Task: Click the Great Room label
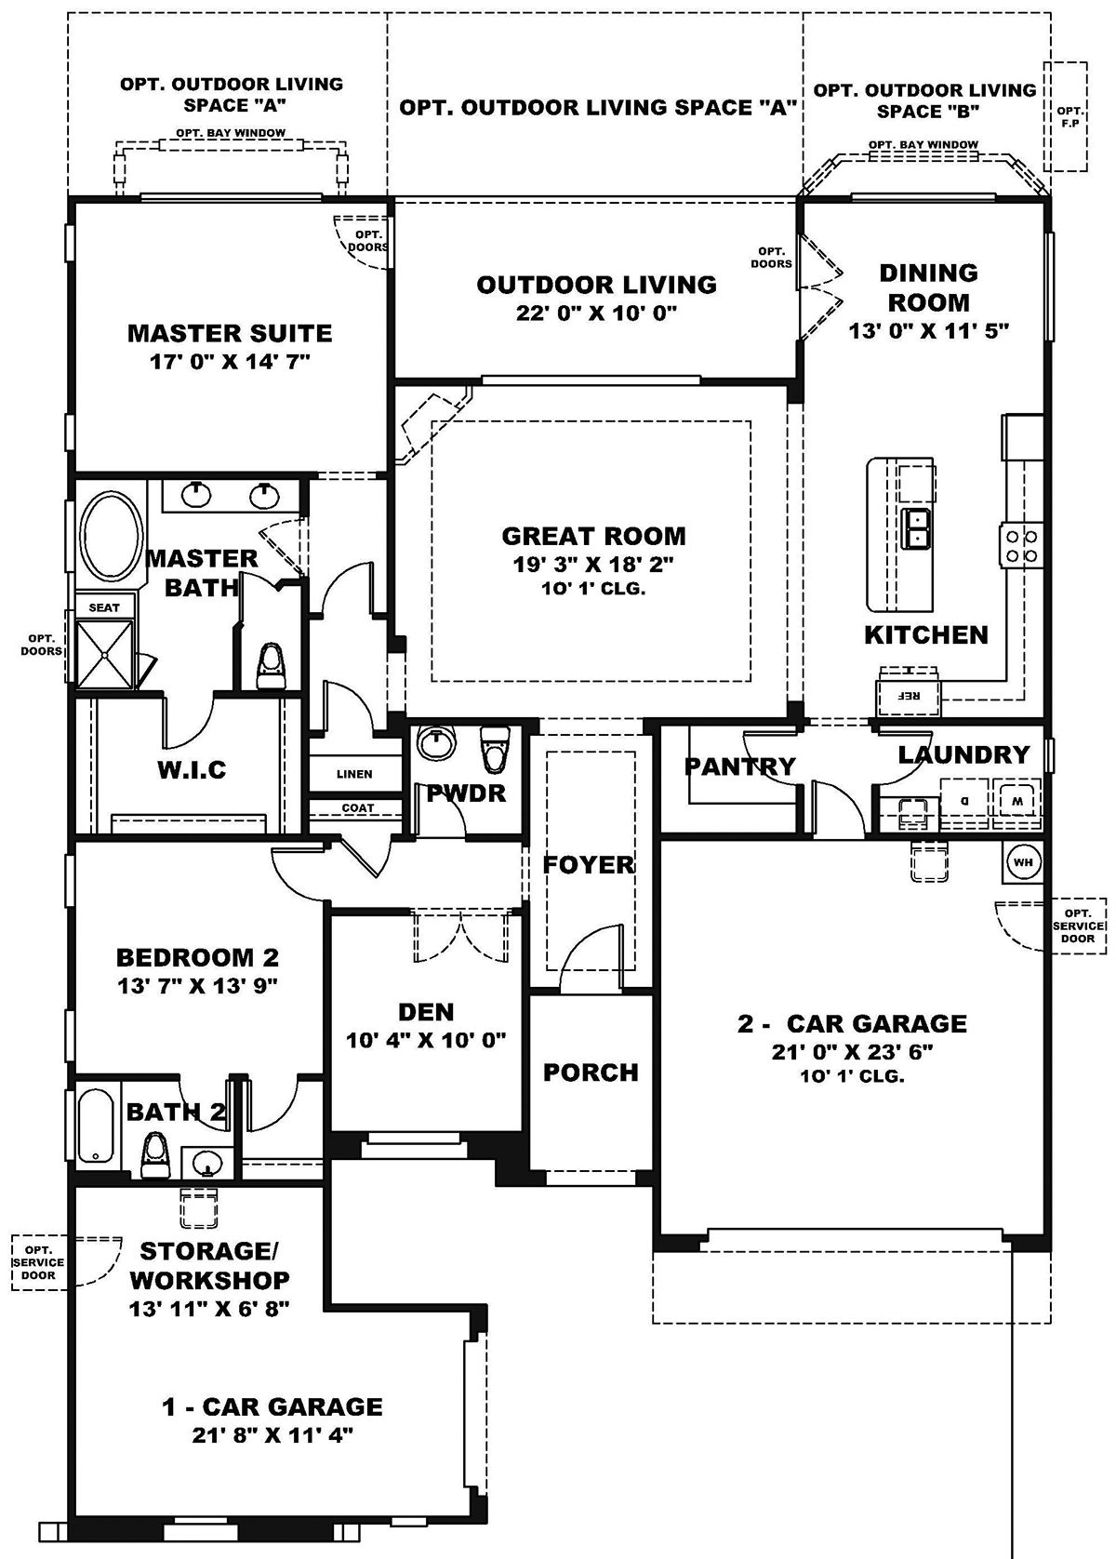593,536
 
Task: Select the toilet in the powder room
494,749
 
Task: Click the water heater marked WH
1023,862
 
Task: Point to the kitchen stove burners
1020,545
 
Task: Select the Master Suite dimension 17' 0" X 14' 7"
230,362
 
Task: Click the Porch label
591,1073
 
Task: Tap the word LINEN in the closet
354,774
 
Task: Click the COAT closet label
358,808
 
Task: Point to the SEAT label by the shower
104,607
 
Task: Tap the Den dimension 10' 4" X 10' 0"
426,1040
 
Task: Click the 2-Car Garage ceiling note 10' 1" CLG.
852,1077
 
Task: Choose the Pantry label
739,766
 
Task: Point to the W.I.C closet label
192,770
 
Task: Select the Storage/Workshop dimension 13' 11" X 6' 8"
209,1309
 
